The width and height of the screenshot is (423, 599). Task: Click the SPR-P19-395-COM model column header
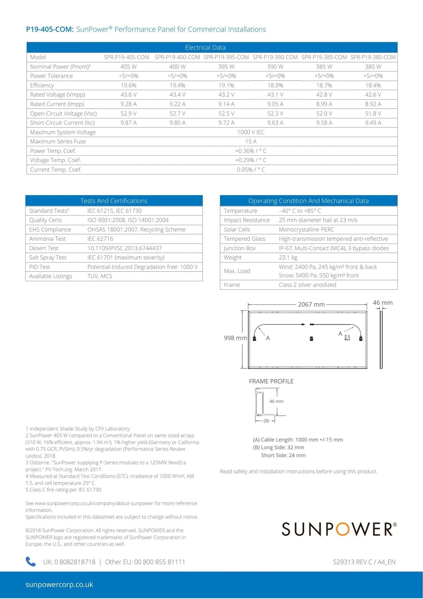click(x=226, y=57)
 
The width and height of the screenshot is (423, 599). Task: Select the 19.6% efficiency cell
click(x=129, y=85)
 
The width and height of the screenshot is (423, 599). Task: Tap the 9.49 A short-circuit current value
click(x=373, y=123)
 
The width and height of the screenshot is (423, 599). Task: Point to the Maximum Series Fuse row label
click(x=58, y=142)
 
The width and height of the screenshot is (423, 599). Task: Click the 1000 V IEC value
click(x=251, y=132)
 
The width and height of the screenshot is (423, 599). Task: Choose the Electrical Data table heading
click(x=205, y=47)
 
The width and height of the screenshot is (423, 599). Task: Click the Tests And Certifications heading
click(x=114, y=201)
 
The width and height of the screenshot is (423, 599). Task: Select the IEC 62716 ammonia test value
click(x=100, y=239)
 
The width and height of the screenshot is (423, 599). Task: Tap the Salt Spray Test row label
click(x=48, y=258)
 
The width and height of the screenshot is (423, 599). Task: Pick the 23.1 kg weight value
click(x=288, y=258)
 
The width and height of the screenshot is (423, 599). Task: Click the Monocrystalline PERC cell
click(x=306, y=229)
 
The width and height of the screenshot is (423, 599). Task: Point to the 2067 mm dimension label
click(x=311, y=304)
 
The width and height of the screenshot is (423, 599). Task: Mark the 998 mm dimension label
click(x=235, y=338)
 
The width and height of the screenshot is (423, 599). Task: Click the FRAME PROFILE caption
click(x=271, y=381)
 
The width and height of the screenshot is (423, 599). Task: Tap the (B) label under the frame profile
click(x=266, y=421)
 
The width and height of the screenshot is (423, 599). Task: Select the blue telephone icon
click(x=31, y=561)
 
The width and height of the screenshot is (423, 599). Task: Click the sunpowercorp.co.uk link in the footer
click(x=59, y=584)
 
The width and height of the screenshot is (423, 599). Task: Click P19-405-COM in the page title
click(x=50, y=29)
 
